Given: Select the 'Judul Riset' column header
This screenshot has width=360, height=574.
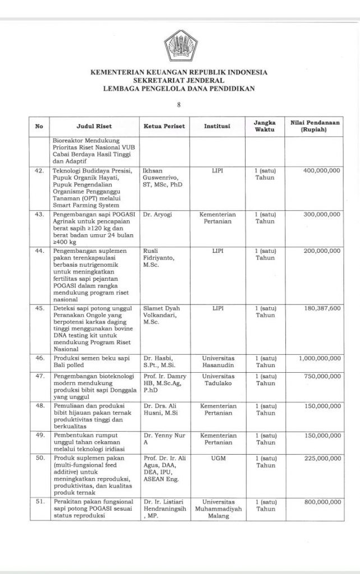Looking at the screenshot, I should tap(93, 127).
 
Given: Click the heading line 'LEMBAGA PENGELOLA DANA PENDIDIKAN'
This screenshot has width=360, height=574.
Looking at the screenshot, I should tap(179, 88).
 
